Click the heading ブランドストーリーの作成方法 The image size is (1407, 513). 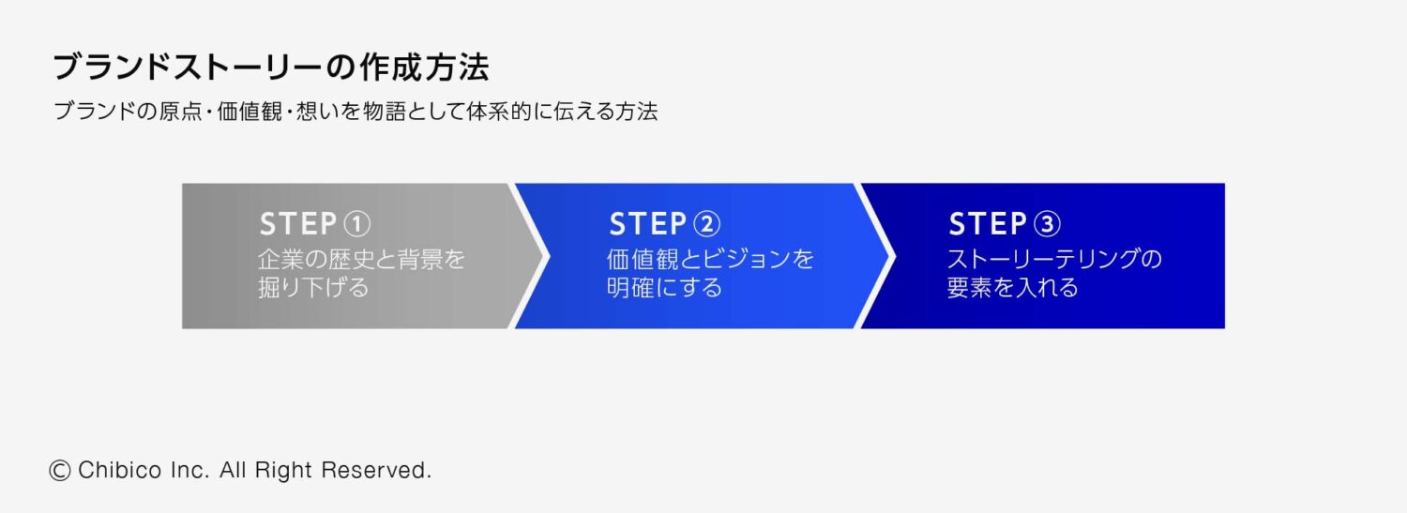pos(271,68)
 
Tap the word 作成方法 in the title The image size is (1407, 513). pos(424,68)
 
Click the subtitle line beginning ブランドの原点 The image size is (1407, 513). pos(356,112)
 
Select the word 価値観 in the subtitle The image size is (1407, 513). pos(250,112)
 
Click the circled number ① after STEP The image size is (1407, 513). pos(357,224)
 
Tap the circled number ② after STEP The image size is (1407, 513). pos(706,224)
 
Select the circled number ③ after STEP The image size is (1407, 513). pos(1047,224)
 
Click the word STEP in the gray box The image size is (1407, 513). pos(298,224)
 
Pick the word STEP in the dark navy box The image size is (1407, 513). pos(988,224)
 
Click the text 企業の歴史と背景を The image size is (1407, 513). pos(361,259)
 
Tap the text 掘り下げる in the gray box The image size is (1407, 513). pos(313,288)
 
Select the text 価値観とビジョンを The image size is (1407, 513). pos(710,259)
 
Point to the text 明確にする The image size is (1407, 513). pos(664,288)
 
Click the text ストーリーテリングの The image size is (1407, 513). pos(1054,259)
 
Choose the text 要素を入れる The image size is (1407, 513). pos(1012,288)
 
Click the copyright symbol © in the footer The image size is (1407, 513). pos(60,470)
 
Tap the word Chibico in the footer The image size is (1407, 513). pos(120,470)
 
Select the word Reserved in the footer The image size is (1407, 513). pos(376,470)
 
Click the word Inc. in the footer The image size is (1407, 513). pos(190,470)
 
